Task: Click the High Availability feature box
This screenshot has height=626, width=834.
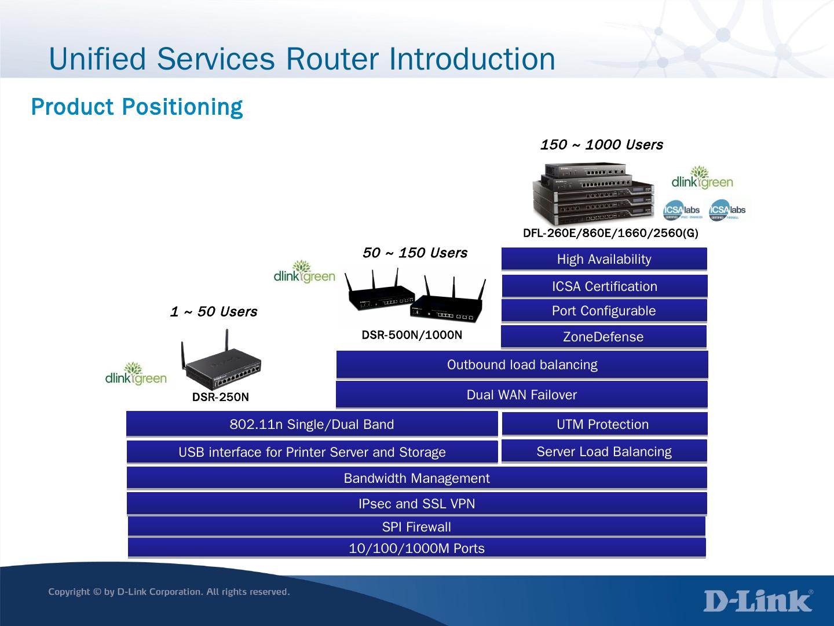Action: pos(604,259)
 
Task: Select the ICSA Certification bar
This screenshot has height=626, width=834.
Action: pos(604,286)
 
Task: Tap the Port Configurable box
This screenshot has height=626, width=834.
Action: pos(604,311)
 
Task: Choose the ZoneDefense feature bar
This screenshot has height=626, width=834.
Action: pos(603,337)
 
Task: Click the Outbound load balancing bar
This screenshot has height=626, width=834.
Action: pos(522,365)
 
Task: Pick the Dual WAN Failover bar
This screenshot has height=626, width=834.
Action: pos(522,395)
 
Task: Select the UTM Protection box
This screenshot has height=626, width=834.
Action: pos(604,424)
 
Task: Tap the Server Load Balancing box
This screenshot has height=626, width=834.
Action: pos(604,452)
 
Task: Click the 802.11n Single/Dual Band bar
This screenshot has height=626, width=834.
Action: pos(312,424)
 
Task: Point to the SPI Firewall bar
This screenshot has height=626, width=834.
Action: pos(416,527)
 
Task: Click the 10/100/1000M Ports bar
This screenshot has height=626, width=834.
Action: pos(416,548)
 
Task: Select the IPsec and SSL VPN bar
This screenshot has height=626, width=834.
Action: pos(416,504)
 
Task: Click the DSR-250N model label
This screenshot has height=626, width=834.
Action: pos(220,397)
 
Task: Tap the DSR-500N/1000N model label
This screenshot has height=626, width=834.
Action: pos(412,335)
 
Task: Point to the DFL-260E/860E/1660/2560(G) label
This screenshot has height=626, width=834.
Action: pos(610,234)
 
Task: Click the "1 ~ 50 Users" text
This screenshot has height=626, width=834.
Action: pos(213,312)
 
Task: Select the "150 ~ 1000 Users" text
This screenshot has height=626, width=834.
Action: pos(601,145)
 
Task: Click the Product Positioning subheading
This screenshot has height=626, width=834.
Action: pos(137,107)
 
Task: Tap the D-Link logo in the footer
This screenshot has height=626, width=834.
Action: pos(758,600)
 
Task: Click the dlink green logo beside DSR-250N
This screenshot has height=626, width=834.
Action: pos(136,375)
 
